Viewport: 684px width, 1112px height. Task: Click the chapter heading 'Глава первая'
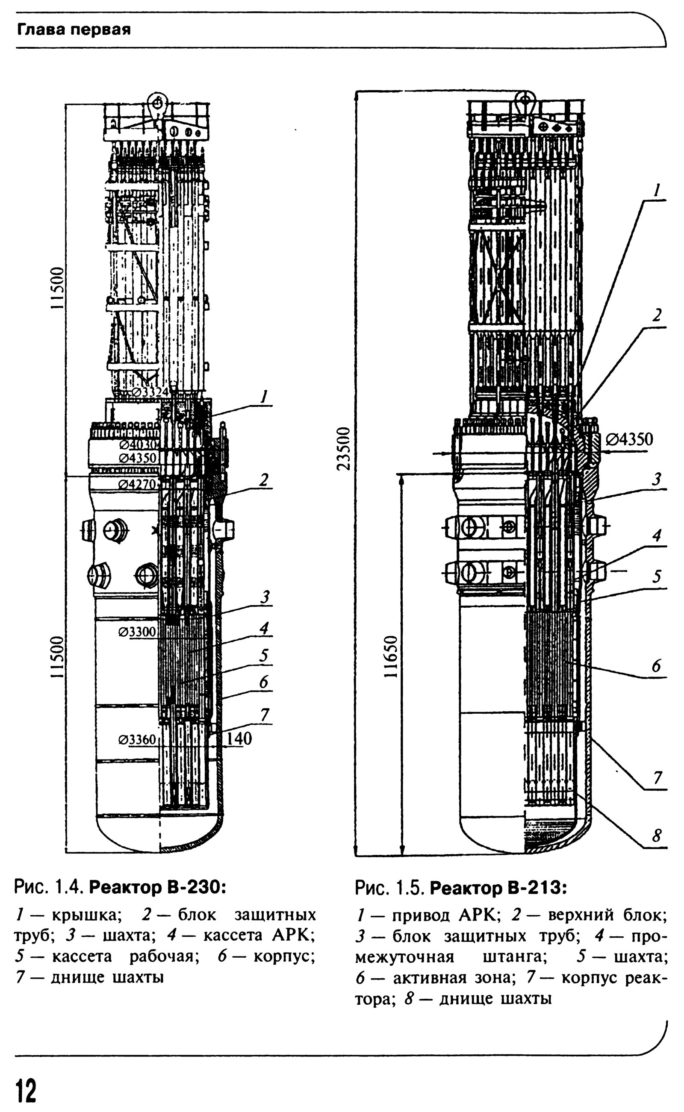point(74,30)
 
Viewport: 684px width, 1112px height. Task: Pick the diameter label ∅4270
point(137,485)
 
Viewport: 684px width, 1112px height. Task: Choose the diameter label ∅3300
point(137,632)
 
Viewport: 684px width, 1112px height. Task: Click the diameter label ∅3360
point(137,740)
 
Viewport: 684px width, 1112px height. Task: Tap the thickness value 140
point(239,739)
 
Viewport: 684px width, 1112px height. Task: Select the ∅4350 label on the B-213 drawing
point(629,439)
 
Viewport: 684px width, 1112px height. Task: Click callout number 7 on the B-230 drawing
point(264,715)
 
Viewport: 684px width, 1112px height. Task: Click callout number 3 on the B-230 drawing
point(265,597)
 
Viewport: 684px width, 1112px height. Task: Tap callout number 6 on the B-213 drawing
point(656,666)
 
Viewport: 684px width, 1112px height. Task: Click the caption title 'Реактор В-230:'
point(157,887)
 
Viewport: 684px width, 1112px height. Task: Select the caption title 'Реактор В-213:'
point(498,888)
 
